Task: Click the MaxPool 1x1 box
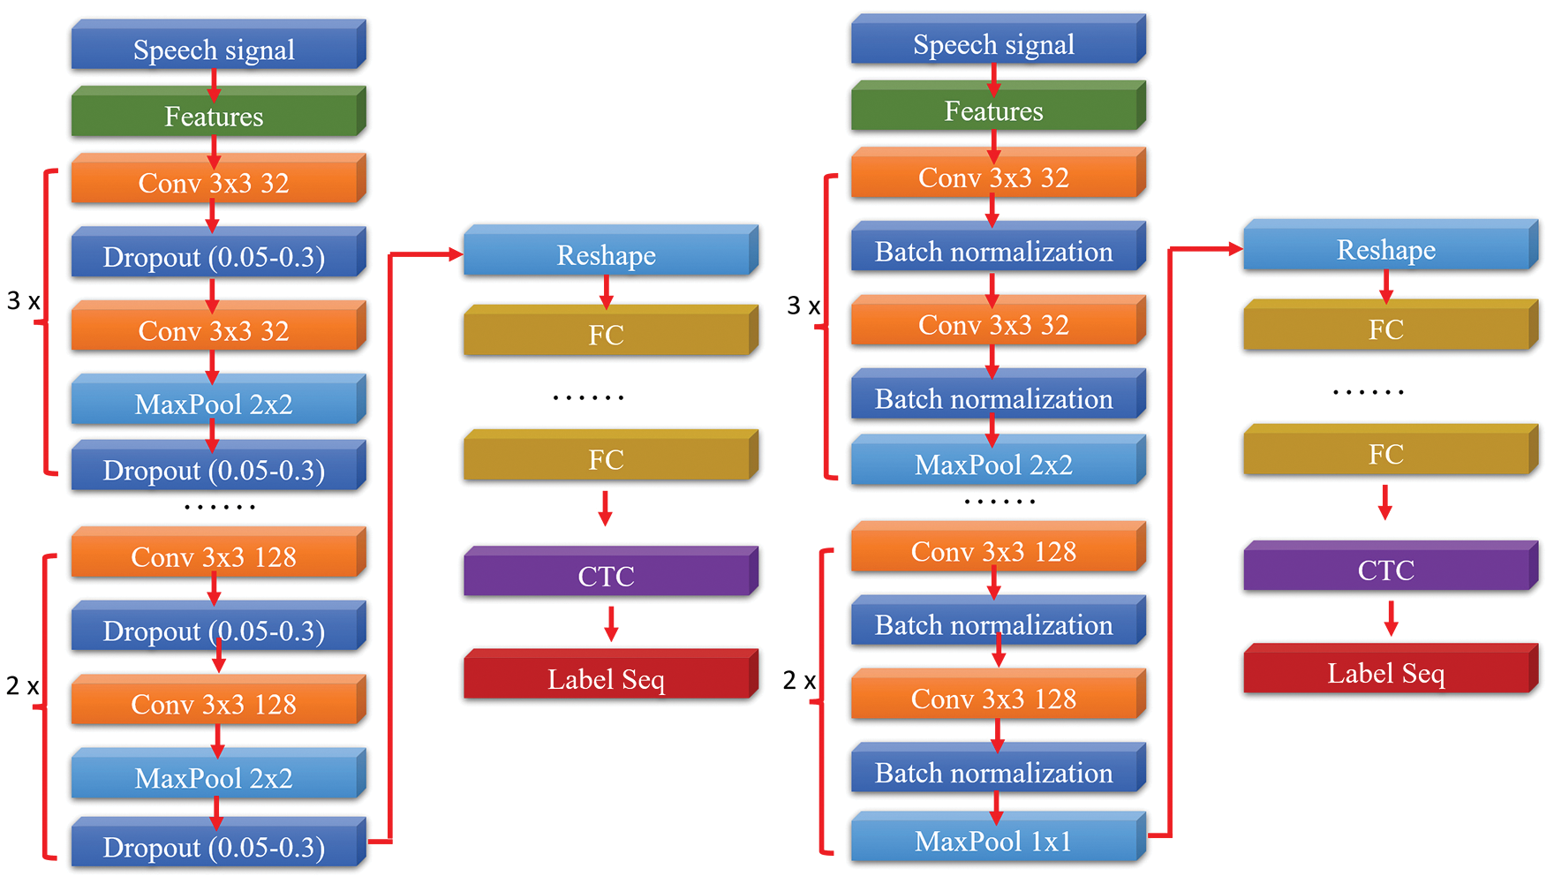pos(994,840)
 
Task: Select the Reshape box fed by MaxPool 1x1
pos(1386,250)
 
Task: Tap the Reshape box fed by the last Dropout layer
pos(607,255)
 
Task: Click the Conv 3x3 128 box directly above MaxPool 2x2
pos(215,704)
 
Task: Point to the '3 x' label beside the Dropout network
pos(24,301)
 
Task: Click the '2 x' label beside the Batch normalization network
pos(799,680)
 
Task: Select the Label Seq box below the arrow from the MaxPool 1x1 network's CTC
pos(1386,673)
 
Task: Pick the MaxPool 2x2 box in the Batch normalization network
pos(994,464)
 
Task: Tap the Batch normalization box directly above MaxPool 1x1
pos(994,772)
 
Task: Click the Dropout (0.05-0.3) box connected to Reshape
pos(215,846)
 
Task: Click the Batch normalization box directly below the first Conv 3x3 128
pos(994,624)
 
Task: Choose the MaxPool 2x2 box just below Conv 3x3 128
pos(215,777)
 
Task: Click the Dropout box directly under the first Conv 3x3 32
pos(215,257)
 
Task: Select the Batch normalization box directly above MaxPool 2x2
pos(994,398)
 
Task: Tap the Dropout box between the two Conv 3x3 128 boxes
pos(215,631)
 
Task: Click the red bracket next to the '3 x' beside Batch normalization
pos(826,327)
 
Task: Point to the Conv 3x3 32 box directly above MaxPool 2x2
pos(215,330)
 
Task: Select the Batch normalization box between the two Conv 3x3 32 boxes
pos(994,251)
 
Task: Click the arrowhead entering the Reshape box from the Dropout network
pos(456,254)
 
